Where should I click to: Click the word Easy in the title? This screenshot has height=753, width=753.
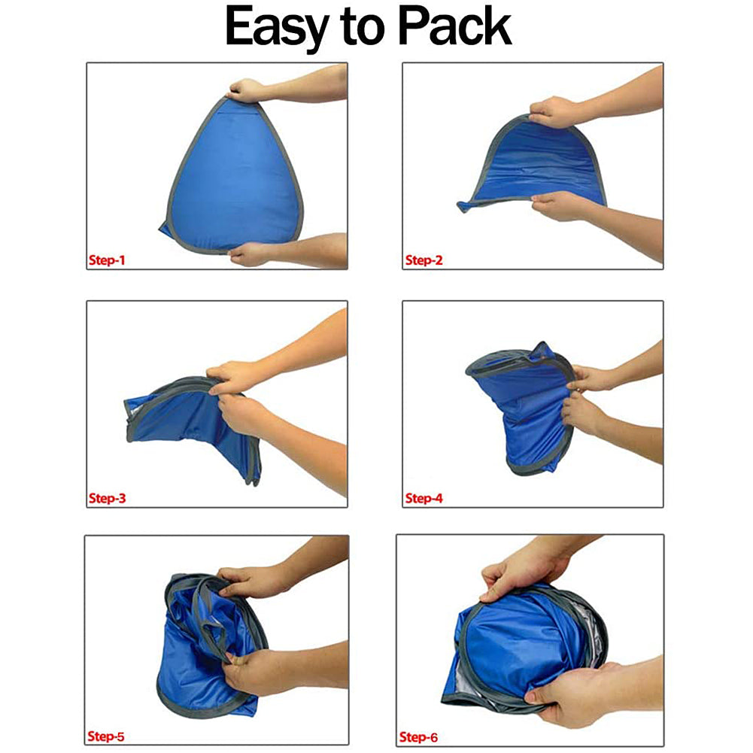279,28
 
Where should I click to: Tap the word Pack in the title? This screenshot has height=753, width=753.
456,28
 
